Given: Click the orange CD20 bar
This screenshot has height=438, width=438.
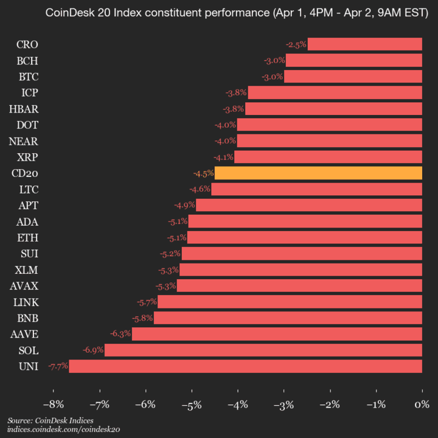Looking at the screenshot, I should point(318,173).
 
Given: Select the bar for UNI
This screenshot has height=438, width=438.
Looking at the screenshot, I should point(245,366).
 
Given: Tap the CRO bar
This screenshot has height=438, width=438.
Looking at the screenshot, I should point(364,44).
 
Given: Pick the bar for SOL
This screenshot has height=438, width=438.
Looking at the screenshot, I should point(263,350).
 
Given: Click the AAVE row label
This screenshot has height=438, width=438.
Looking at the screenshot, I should point(24,334).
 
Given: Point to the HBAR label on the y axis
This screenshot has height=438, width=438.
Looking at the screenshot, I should point(24,109).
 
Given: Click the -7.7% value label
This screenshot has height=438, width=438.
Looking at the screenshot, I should point(58,366).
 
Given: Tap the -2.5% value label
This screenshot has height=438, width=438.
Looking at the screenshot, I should point(296,44).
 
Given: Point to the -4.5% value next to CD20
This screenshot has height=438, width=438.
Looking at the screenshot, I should point(203,173).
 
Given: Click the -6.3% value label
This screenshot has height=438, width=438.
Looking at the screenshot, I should point(120,334).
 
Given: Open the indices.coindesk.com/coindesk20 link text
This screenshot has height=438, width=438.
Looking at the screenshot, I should point(63,429).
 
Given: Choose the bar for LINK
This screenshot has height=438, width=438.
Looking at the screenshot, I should point(290,302).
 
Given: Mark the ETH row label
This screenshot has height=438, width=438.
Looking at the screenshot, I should point(28,237).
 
